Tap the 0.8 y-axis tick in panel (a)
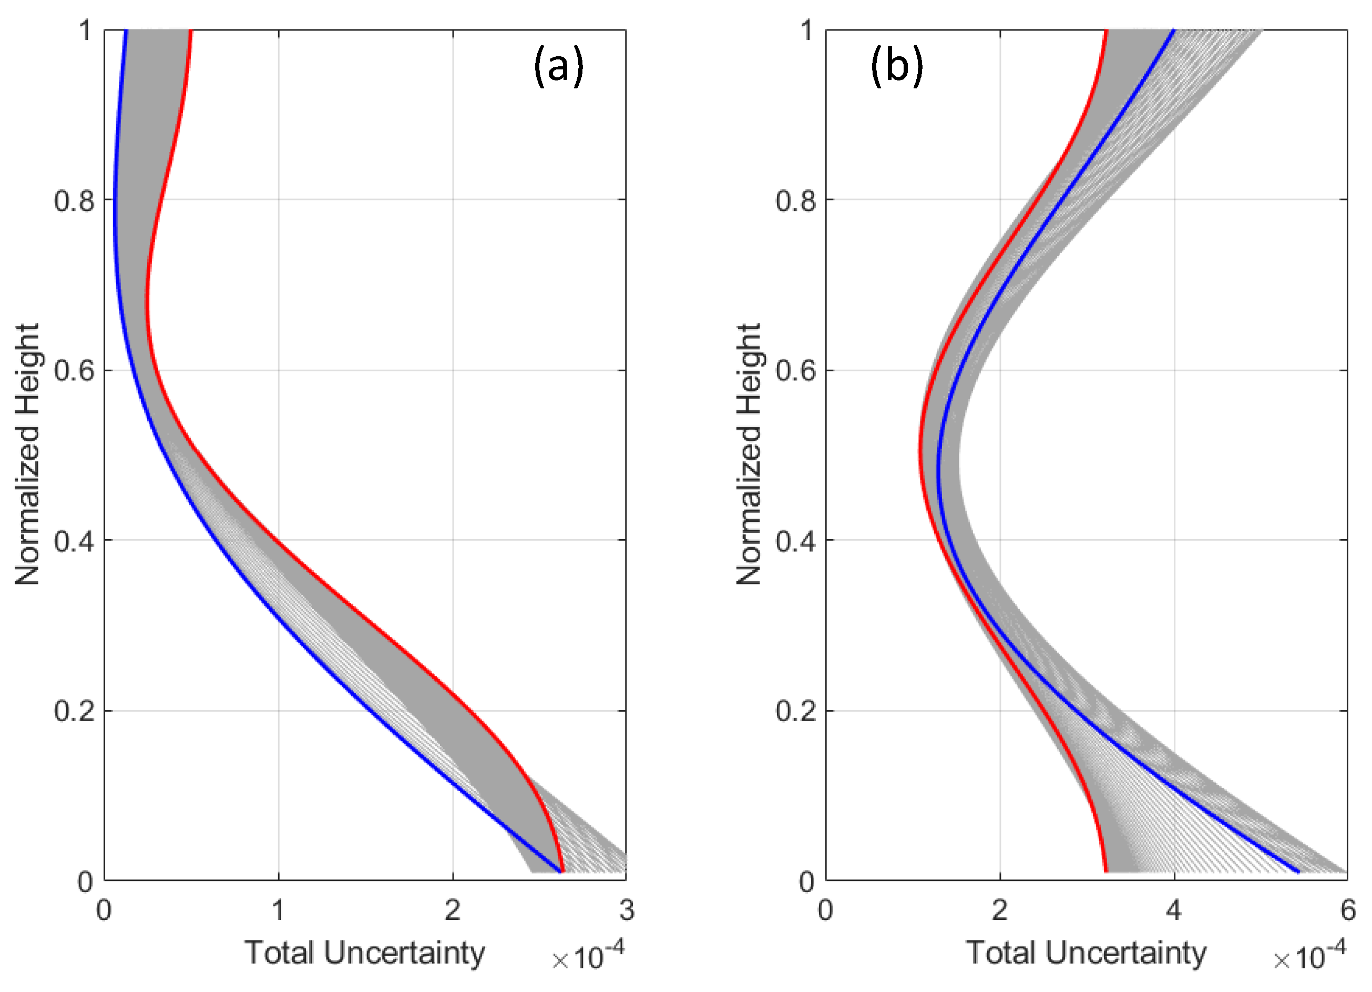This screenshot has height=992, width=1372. (75, 200)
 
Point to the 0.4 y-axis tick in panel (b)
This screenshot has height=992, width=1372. (796, 541)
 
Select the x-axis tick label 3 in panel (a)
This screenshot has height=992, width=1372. (627, 910)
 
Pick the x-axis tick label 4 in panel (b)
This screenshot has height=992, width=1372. (1174, 910)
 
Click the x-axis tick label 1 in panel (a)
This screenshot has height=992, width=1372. (278, 910)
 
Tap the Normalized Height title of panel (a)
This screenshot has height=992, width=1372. (27, 454)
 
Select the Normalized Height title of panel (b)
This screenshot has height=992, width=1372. (749, 454)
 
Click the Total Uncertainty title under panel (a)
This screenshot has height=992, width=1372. (364, 953)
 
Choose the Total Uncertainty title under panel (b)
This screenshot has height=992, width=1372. (1086, 953)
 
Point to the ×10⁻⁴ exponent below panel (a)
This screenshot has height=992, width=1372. (588, 956)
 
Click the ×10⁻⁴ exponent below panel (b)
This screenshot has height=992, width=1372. (1309, 956)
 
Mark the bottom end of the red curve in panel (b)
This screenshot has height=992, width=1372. (1106, 872)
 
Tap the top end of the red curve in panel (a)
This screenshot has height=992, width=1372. (190, 31)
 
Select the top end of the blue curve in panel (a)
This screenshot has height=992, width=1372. (126, 31)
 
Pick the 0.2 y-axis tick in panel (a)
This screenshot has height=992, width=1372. (75, 711)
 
